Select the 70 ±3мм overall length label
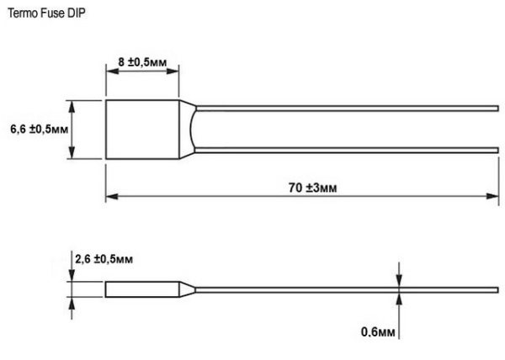click(305, 188)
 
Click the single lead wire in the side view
click(345, 289)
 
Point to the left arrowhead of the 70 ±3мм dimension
click(110, 199)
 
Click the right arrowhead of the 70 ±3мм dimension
click(495, 199)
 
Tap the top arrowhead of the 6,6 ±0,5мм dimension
click(72, 105)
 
